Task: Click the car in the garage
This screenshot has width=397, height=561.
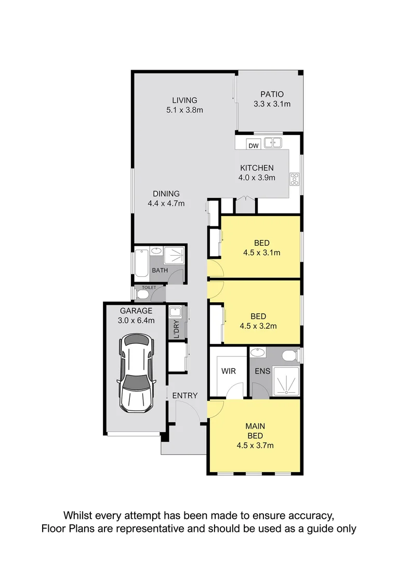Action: (137, 373)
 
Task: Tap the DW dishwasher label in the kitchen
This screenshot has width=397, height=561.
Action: (253, 146)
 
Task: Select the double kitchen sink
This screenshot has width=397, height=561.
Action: (272, 142)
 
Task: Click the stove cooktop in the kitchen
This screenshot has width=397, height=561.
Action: (295, 179)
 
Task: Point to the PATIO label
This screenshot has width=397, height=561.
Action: (272, 95)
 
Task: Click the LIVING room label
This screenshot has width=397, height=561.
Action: (184, 100)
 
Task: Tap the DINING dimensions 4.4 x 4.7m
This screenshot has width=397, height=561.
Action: (166, 204)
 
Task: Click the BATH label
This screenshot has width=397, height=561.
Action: (160, 271)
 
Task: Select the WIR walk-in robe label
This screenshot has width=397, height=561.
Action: (228, 372)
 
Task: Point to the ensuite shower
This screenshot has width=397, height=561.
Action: (284, 382)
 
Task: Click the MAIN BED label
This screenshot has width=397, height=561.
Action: (255, 431)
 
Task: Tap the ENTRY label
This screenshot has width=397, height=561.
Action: (185, 395)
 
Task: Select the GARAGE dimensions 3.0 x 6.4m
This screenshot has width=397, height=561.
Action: (136, 320)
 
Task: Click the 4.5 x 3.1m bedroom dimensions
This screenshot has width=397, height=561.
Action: (261, 253)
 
